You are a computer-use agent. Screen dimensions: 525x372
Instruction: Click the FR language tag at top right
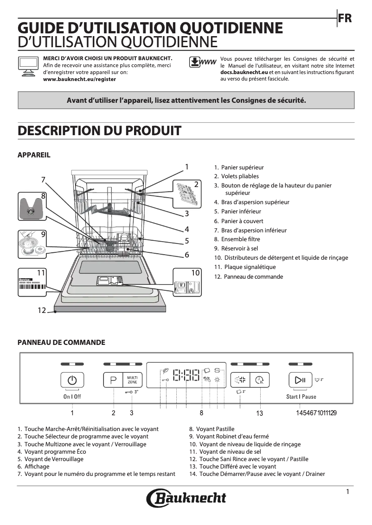345,19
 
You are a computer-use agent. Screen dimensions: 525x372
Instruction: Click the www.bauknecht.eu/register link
79,79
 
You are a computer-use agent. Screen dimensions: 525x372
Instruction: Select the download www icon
203,62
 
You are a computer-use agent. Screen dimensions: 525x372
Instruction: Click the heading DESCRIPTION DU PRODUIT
99,131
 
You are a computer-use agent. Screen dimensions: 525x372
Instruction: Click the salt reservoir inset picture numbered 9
32,244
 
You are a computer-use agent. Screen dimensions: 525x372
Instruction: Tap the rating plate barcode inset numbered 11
32,283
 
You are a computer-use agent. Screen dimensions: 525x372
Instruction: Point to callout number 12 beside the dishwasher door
42,310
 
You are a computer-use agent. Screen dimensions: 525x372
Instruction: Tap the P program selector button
113,380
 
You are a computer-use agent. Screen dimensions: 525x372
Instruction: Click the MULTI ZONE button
132,380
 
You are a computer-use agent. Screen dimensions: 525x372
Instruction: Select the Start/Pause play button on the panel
300,380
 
